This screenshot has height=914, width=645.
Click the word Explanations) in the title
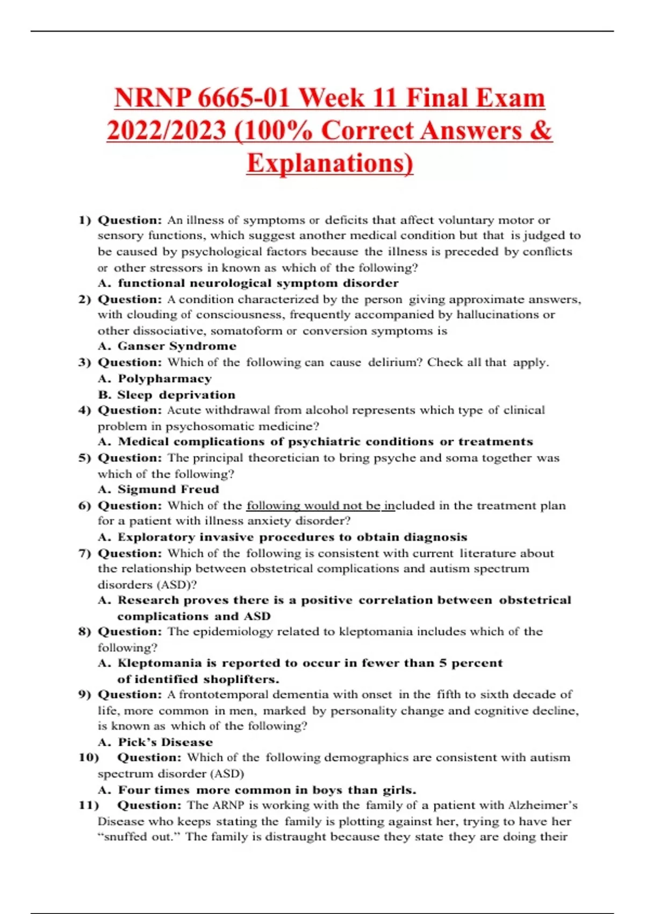click(x=330, y=163)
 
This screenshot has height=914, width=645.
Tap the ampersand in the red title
click(x=541, y=131)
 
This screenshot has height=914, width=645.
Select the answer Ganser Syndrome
click(x=177, y=346)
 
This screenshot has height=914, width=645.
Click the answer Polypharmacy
click(x=164, y=379)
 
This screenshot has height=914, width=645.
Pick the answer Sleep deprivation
click(x=176, y=395)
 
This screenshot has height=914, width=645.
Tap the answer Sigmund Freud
click(x=168, y=489)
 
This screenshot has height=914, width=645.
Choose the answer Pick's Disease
click(x=165, y=742)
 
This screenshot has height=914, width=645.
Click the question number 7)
click(x=85, y=553)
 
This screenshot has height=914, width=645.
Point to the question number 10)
click(x=89, y=758)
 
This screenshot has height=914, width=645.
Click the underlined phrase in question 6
click(x=320, y=505)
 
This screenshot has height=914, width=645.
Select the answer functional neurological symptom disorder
click(x=258, y=283)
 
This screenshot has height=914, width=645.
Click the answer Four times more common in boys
click(x=267, y=790)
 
